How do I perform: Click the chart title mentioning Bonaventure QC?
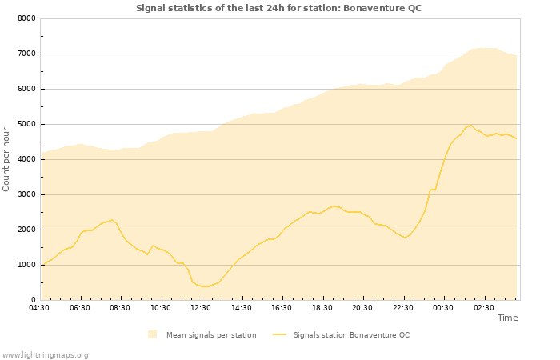click(278, 8)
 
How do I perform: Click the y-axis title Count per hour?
click(6, 158)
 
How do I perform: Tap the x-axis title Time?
click(507, 318)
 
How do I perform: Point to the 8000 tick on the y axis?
click(26, 18)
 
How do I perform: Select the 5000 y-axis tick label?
click(26, 124)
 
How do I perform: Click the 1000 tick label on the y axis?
click(26, 265)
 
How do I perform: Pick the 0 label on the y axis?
click(33, 300)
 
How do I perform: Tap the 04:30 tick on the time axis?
click(39, 307)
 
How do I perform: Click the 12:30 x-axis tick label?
click(201, 307)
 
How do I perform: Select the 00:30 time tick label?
click(443, 307)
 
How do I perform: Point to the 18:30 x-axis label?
click(322, 307)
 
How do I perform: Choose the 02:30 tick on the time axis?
click(483, 307)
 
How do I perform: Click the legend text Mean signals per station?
click(211, 335)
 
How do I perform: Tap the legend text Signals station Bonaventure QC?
click(351, 335)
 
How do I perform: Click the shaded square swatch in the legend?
click(152, 334)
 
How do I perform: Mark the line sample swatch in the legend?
click(279, 334)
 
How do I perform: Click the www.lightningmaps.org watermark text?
click(45, 355)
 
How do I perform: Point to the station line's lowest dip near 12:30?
click(205, 286)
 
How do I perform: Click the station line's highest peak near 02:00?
click(472, 126)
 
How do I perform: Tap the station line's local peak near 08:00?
click(113, 219)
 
